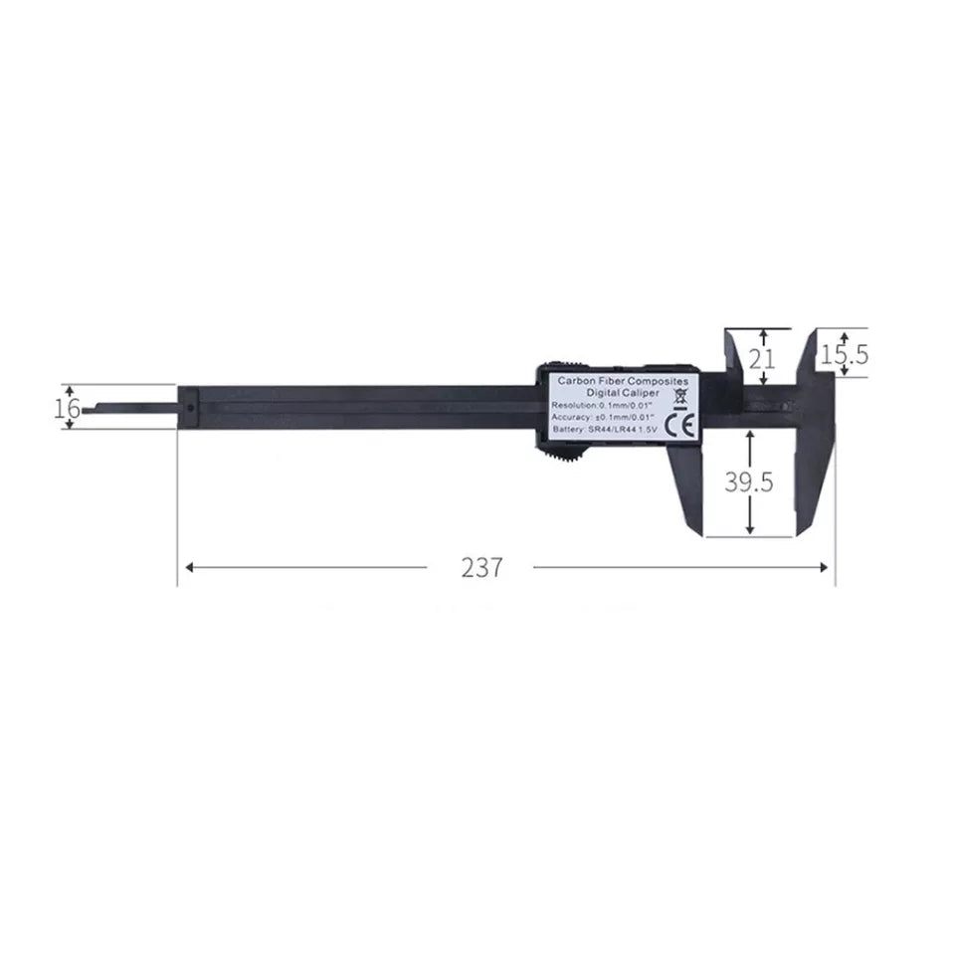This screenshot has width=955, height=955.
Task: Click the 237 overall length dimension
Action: (x=482, y=567)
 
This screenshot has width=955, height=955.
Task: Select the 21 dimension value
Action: (x=762, y=359)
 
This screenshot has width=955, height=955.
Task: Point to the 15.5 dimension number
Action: (x=846, y=353)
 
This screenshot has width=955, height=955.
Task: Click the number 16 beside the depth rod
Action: (x=68, y=408)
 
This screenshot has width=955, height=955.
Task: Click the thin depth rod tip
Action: (x=90, y=408)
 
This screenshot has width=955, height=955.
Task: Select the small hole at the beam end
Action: (x=189, y=407)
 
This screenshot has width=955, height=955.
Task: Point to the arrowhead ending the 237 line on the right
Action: (x=824, y=567)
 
